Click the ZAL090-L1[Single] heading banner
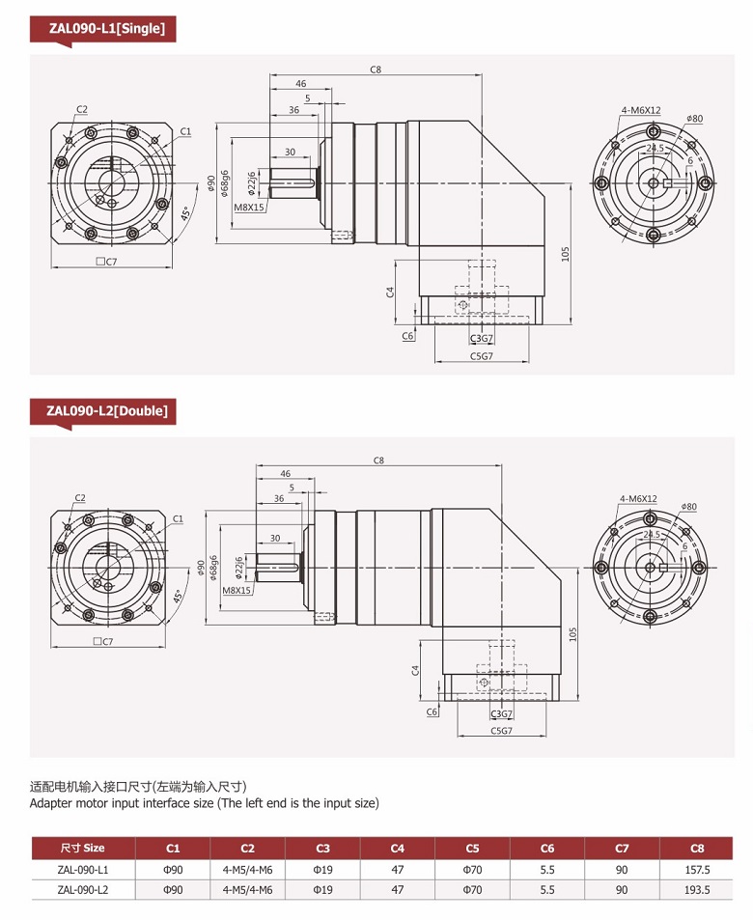pyautogui.click(x=101, y=29)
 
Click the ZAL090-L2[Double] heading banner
pyautogui.click(x=103, y=411)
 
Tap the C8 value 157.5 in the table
pyautogui.click(x=697, y=870)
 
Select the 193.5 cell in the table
pyautogui.click(x=697, y=890)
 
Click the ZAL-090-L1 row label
pyautogui.click(x=83, y=870)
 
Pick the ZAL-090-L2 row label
pyautogui.click(x=83, y=890)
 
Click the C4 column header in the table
pyautogui.click(x=398, y=849)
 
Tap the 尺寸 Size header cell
pyautogui.click(x=83, y=849)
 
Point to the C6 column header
pyautogui.click(x=547, y=849)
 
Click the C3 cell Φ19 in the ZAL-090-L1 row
pyautogui.click(x=322, y=870)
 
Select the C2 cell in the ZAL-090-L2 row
pyautogui.click(x=248, y=890)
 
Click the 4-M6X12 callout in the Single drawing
pyautogui.click(x=641, y=110)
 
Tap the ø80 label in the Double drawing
pyautogui.click(x=688, y=506)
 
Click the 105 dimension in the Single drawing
pyautogui.click(x=565, y=253)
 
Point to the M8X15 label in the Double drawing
pyautogui.click(x=237, y=590)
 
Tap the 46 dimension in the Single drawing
pyautogui.click(x=300, y=84)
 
